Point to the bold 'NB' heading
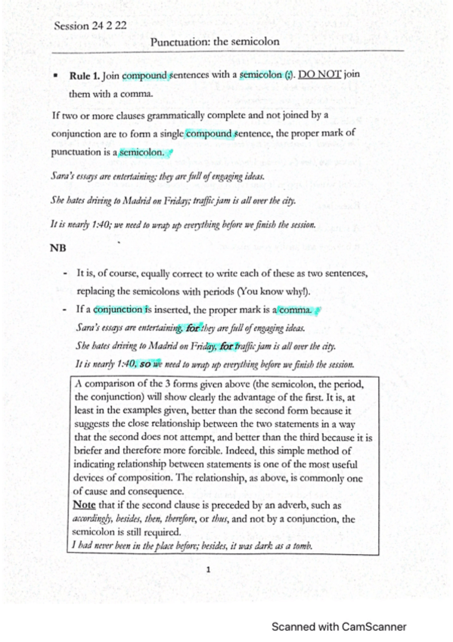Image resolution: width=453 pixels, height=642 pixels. (57, 248)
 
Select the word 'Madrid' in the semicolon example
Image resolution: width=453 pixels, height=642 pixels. (146, 201)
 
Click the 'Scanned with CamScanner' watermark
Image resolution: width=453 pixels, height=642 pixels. (339, 627)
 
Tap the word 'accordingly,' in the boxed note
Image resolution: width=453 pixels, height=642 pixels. (98, 519)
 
